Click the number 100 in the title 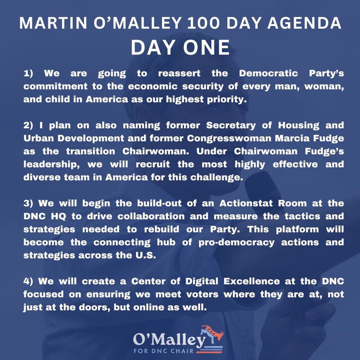coord(203,23)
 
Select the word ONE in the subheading coord(206,48)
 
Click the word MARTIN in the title coord(53,23)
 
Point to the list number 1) coord(28,73)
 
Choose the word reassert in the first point coord(179,73)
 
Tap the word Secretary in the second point coord(231,126)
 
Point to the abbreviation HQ coord(58,216)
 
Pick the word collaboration coord(151,216)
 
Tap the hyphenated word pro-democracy coord(236,243)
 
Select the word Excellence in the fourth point coord(251,281)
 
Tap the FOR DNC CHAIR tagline coord(164,351)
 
